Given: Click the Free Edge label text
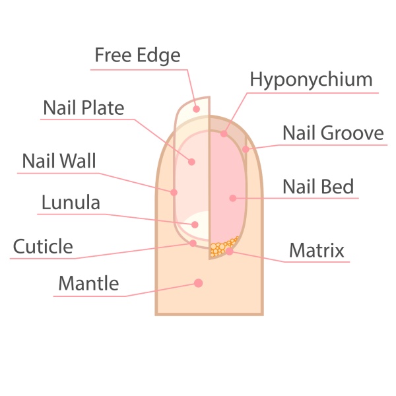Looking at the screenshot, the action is coord(137,55).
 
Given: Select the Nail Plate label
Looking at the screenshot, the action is coord(84,108).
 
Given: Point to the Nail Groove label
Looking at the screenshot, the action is coord(333,133).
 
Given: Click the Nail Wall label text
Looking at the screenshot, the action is coord(59,160).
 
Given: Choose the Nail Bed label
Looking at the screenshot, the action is coord(318,187).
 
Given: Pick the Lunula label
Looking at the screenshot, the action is coord(71,203).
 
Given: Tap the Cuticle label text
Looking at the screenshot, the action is coord(43,246).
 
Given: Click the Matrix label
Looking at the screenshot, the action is coord(317,250).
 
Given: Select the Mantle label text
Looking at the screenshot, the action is coord(88,283).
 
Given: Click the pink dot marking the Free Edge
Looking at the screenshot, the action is coord(197,109).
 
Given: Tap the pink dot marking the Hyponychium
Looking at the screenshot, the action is coord(224,133).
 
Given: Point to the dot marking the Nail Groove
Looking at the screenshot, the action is coord(246,149).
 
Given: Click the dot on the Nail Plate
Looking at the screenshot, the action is coord(191,162).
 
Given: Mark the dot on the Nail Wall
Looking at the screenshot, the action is coord(174,193).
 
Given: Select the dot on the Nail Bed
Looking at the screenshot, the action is coord(233,198).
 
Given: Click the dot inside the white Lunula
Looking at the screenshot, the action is coord(195,224).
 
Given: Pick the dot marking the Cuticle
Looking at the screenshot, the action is coord(193,243).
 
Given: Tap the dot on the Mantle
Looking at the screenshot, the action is coord(199,283).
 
